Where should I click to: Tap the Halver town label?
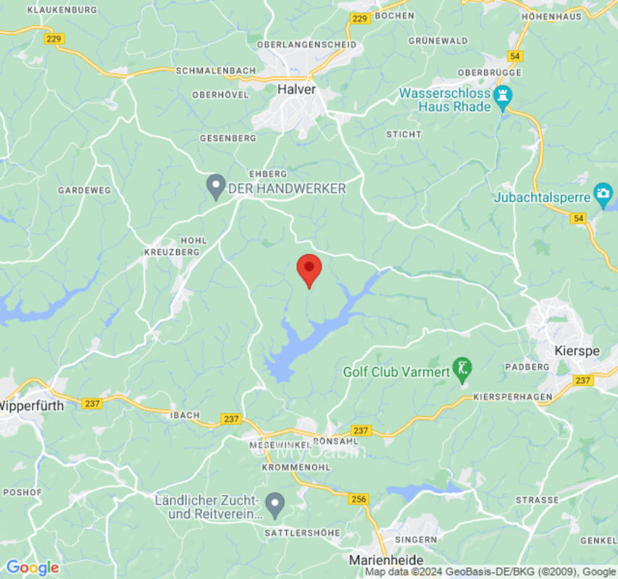296,89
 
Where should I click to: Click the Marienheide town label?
386,560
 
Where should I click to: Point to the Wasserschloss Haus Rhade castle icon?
503,95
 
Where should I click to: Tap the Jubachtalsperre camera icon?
603,193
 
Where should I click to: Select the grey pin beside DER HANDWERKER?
215,186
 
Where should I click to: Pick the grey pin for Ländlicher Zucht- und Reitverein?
275,504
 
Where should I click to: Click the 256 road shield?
359,499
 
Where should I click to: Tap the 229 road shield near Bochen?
360,19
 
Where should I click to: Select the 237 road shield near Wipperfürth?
91,403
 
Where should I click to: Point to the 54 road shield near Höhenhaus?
515,56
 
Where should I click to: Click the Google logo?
32,568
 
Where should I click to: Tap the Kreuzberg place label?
172,252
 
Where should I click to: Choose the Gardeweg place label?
85,190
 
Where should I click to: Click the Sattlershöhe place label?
303,533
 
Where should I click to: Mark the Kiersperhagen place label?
512,397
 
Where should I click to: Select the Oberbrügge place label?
489,73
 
